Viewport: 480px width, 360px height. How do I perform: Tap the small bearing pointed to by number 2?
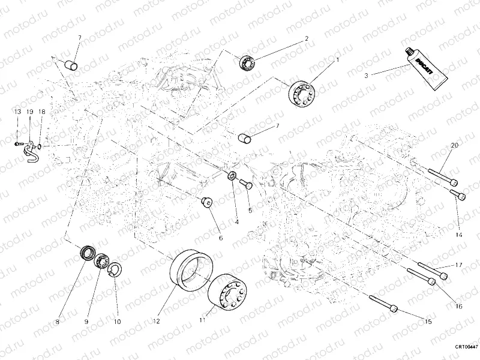tap(247, 61)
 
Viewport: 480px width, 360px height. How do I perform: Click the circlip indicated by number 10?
tap(114, 269)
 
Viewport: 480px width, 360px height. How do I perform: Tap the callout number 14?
tap(458, 235)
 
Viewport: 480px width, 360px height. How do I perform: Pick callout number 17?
tap(458, 265)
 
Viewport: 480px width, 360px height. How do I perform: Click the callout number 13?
tap(17, 112)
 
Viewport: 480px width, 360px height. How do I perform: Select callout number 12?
tap(156, 322)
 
